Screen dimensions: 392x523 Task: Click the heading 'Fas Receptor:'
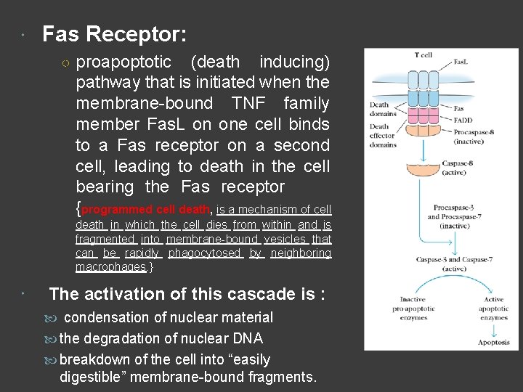[114, 34]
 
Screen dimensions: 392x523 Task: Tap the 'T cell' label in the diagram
[423, 55]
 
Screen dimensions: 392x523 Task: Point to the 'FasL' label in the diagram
[461, 62]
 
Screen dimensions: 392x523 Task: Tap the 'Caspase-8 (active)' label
[460, 168]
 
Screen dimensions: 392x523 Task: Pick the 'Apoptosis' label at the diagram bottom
[494, 342]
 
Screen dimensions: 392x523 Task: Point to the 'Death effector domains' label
[383, 135]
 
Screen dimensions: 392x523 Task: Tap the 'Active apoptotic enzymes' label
[494, 309]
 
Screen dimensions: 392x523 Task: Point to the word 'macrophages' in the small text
[110, 266]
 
